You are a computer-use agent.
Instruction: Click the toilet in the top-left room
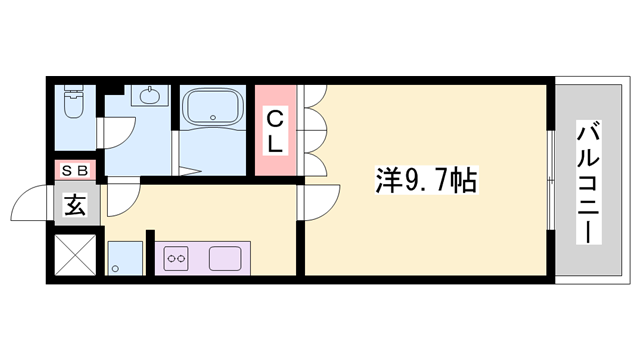click(73, 102)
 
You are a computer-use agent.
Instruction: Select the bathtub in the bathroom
click(211, 106)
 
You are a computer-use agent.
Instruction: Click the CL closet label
click(275, 131)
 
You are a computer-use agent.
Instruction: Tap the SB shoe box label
click(76, 170)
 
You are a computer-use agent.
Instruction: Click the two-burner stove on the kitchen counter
click(177, 259)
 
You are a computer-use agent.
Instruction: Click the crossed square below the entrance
click(75, 255)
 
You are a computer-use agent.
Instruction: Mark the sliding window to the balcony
click(552, 180)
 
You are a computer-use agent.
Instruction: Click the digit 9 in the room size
click(412, 182)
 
